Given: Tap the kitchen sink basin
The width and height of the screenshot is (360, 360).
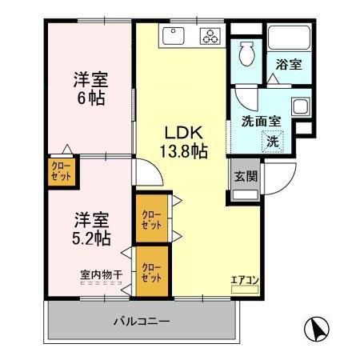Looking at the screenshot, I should click(174, 35).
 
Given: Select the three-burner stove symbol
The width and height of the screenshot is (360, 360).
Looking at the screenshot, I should click(210, 35).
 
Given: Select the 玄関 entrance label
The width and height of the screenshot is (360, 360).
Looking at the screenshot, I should click(246, 177).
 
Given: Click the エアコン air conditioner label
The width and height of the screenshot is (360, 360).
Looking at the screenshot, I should click(244, 280).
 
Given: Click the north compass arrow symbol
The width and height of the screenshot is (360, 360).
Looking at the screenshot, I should click(318, 329).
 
